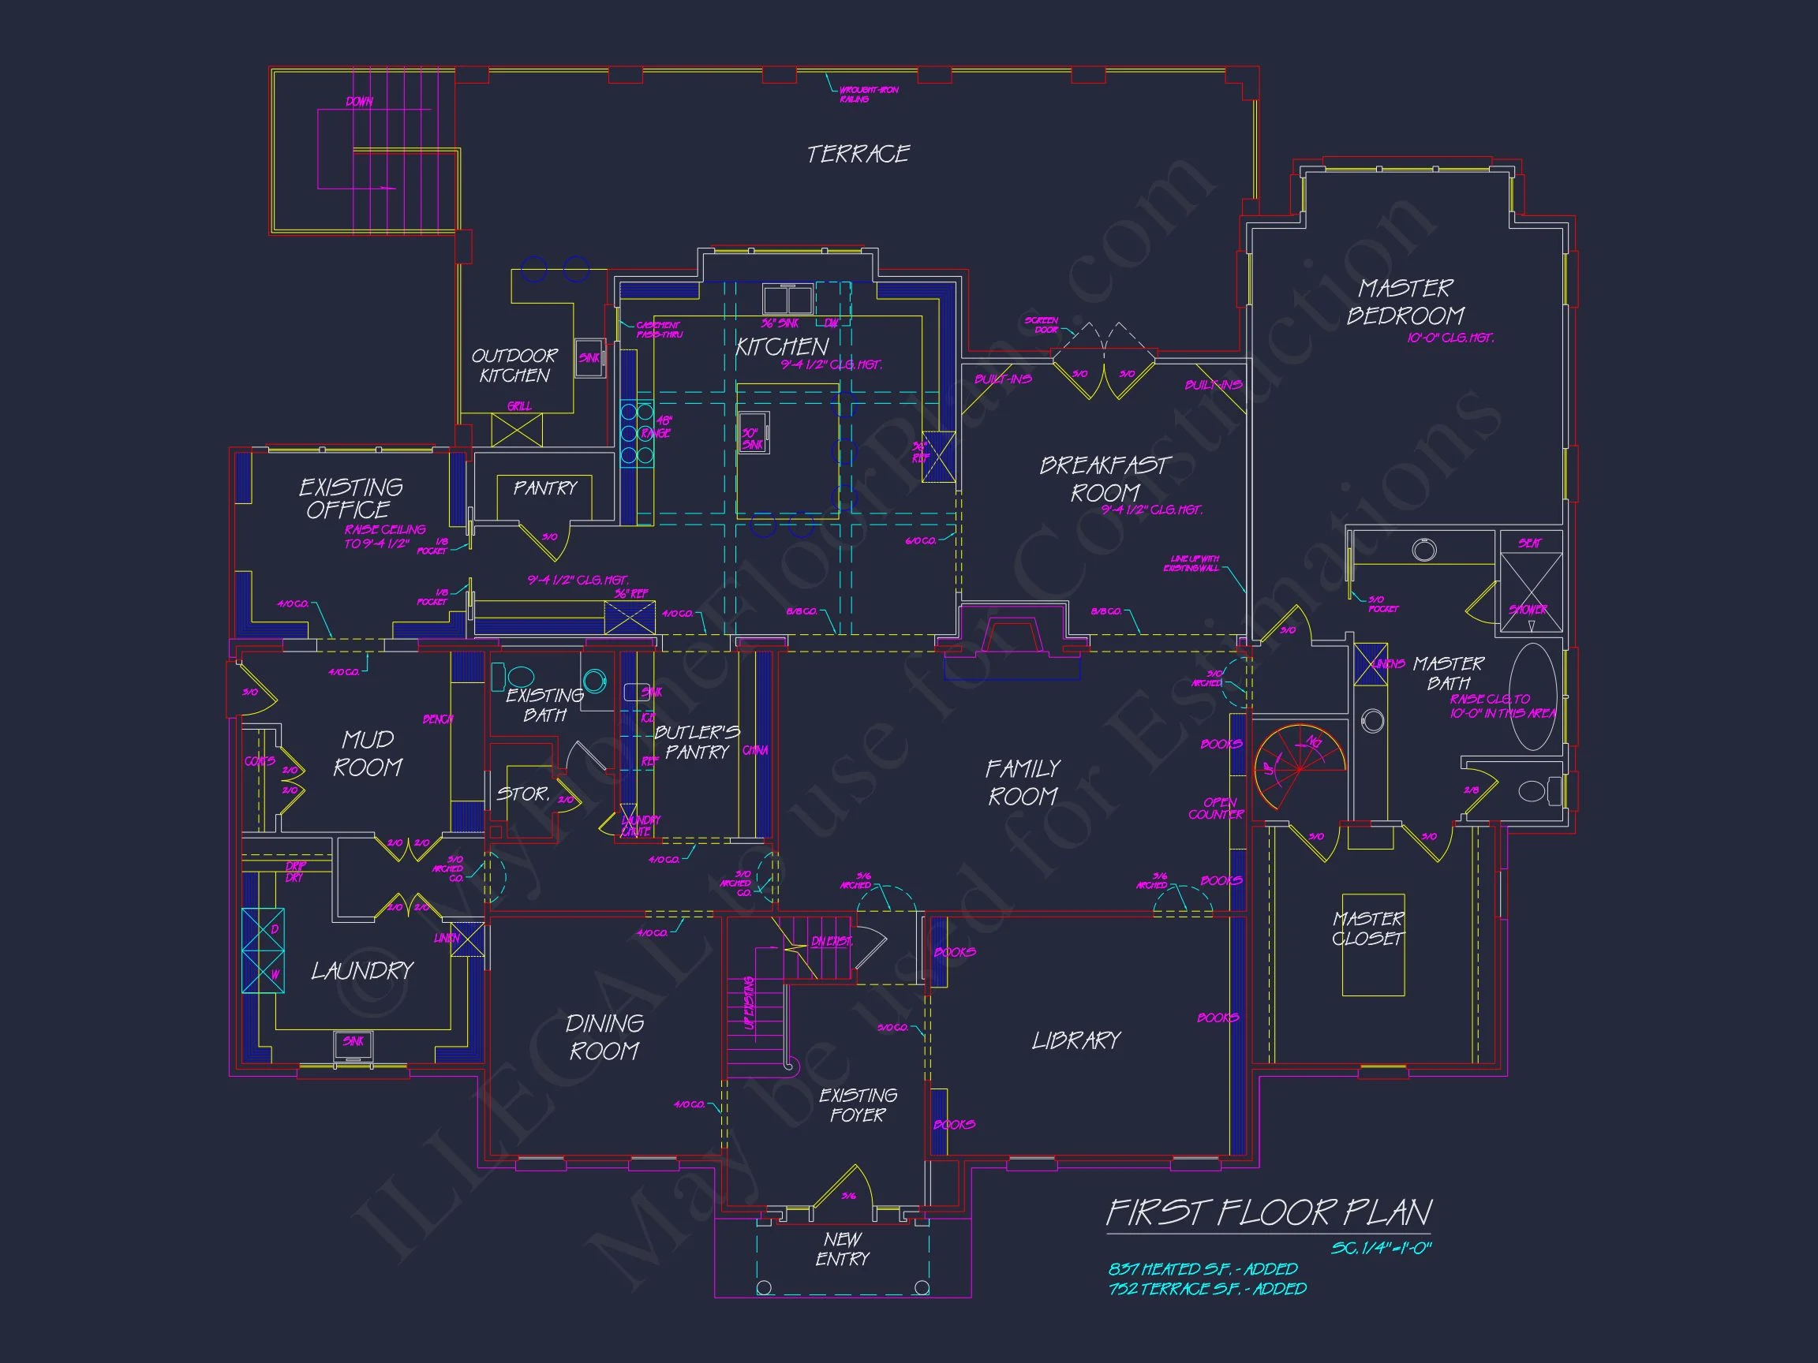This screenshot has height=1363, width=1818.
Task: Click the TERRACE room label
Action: pyautogui.click(x=858, y=155)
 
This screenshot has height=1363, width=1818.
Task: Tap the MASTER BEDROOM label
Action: pyautogui.click(x=1405, y=302)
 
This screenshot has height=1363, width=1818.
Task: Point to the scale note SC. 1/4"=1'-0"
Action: pyautogui.click(x=1381, y=1249)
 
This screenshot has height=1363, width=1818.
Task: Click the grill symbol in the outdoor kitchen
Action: pyautogui.click(x=517, y=430)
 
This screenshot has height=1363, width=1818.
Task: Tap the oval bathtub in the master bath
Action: pyautogui.click(x=1533, y=696)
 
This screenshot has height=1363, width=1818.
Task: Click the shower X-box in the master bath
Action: pyautogui.click(x=1530, y=592)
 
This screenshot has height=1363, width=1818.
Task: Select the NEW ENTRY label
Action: pyautogui.click(x=843, y=1249)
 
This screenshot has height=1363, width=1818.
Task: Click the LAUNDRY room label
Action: pyautogui.click(x=361, y=971)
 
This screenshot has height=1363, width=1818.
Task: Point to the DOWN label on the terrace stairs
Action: pyautogui.click(x=359, y=102)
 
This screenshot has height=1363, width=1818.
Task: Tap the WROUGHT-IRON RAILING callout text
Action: pyautogui.click(x=868, y=95)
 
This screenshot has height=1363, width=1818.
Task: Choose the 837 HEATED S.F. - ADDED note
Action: pyautogui.click(x=1203, y=1269)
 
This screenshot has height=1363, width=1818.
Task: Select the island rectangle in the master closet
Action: pyautogui.click(x=1373, y=945)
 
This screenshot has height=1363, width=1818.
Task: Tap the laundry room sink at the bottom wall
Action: pyautogui.click(x=354, y=1046)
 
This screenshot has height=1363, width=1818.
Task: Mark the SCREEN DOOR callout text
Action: pyautogui.click(x=1042, y=325)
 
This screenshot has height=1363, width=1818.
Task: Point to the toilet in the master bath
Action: pyautogui.click(x=1534, y=790)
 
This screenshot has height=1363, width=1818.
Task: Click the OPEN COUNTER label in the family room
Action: pyautogui.click(x=1217, y=808)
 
